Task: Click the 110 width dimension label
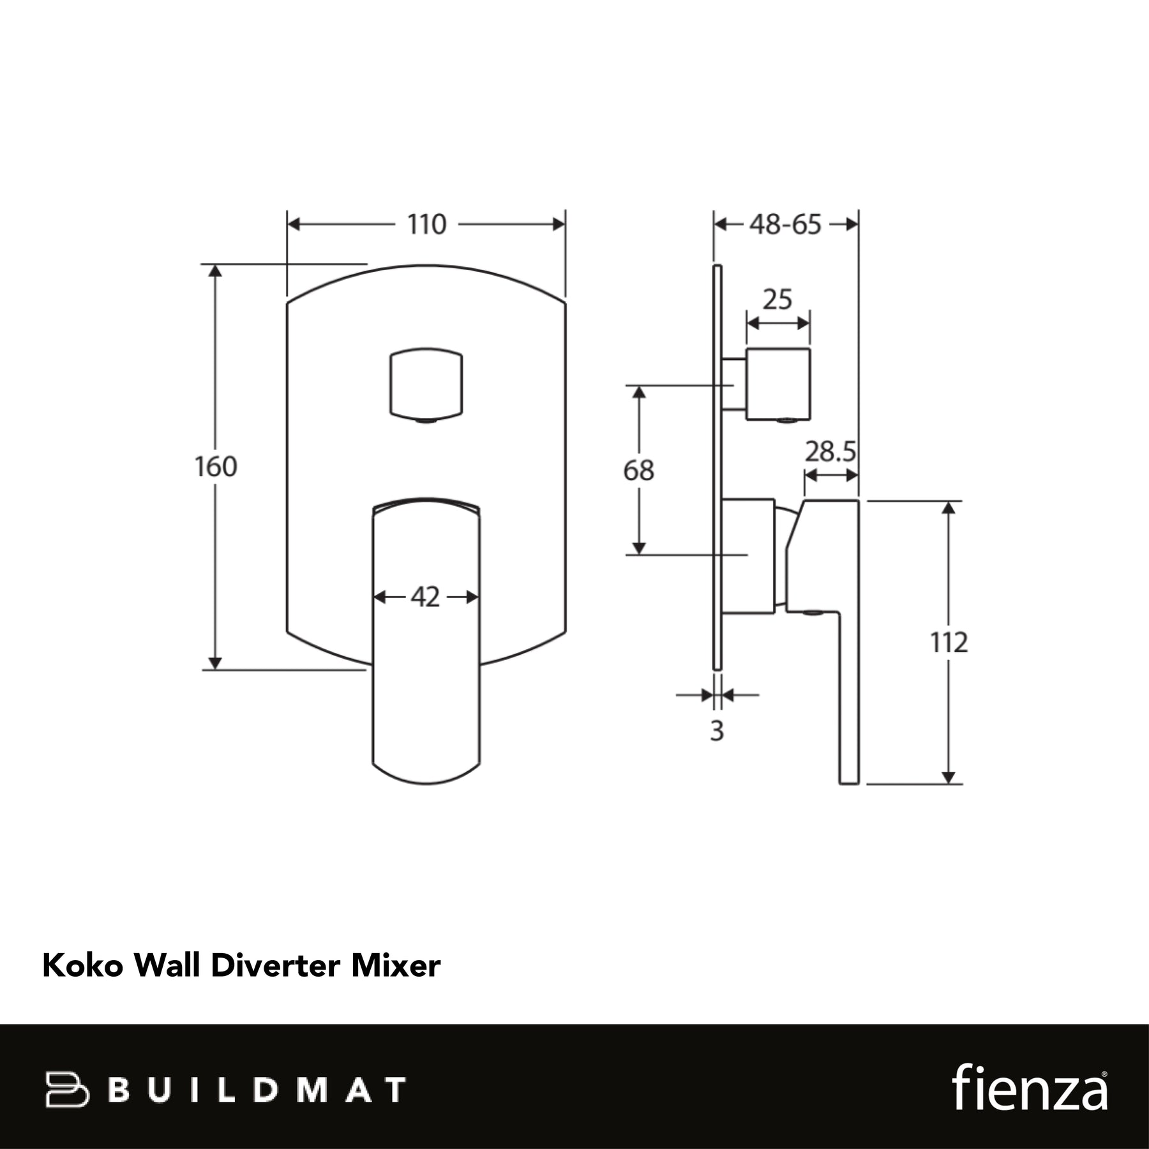coord(426,225)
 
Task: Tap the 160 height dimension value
coord(216,467)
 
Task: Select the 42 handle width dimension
coord(425,597)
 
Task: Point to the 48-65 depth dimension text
coord(785,225)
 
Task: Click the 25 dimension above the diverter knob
coord(777,300)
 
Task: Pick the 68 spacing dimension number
coord(638,471)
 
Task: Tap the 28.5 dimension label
coord(830,452)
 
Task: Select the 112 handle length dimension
coord(949,643)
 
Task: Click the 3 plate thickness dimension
coord(717,732)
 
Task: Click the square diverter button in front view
coord(426,385)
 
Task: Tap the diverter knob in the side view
coord(778,384)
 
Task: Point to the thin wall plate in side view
coord(717,467)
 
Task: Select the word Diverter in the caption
coord(275,966)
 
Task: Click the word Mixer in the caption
coord(396,966)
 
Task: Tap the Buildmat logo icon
coord(67,1089)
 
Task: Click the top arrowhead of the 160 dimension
coord(216,271)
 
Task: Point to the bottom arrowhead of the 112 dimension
coord(949,777)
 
